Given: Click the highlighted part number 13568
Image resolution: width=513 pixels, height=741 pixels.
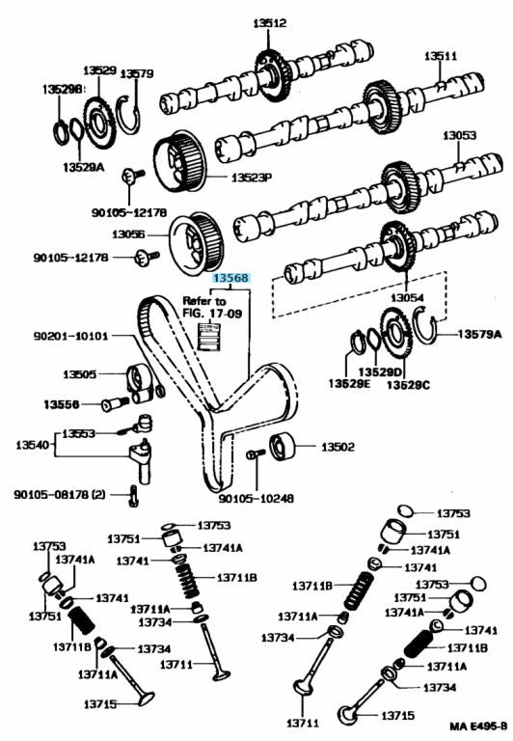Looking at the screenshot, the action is coord(231,278).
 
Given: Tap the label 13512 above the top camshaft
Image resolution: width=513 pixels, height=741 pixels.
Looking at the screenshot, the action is coord(269,23).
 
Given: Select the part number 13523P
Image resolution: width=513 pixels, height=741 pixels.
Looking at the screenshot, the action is coord(252,178).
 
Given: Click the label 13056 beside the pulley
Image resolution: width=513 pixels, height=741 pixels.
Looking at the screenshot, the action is coord(128,233).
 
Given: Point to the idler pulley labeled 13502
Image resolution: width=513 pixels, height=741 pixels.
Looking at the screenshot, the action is coord(282,446).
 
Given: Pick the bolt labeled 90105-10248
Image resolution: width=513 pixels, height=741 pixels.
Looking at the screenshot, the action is coord(256,454).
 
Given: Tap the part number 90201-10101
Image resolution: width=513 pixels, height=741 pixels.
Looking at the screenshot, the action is coord(70,336).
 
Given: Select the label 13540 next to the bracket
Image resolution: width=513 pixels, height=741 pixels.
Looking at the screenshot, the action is coord(32,444).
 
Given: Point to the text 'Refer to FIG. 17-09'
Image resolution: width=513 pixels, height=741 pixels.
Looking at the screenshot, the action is coord(212,307).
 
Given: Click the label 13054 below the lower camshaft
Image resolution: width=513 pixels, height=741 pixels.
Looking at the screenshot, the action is coord(407,298).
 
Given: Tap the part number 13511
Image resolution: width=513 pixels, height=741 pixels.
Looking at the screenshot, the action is coord(441,56).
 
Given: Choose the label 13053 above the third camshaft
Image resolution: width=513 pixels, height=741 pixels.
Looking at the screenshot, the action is coord(460,135).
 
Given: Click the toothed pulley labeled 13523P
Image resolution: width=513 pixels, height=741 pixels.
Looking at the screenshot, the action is coord(179,162).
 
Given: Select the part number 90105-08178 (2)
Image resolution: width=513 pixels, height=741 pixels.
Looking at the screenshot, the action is coord(60,494).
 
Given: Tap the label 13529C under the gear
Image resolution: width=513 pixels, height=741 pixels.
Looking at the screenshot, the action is coord(409,385).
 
